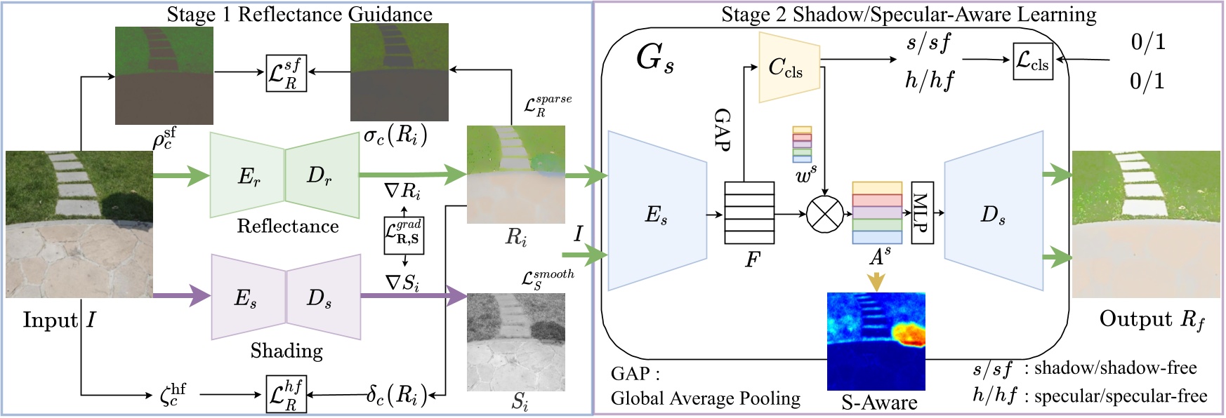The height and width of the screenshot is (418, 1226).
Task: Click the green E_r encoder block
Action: [247, 175]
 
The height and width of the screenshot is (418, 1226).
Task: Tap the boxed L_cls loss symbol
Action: [1033, 61]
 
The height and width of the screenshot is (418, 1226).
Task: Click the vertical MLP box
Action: [922, 213]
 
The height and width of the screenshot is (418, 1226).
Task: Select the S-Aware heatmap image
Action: [876, 341]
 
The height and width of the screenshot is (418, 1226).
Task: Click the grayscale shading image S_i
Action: [515, 341]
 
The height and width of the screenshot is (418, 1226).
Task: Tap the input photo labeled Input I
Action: [79, 224]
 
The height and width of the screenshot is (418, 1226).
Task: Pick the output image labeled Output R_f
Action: [1146, 224]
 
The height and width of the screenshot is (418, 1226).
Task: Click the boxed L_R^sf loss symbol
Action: [286, 72]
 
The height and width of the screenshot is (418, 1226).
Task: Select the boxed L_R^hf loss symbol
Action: [286, 394]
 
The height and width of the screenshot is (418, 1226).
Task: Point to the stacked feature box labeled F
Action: [749, 213]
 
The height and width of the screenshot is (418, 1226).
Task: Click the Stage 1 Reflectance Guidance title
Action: [299, 13]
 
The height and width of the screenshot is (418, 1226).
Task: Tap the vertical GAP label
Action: [723, 130]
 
